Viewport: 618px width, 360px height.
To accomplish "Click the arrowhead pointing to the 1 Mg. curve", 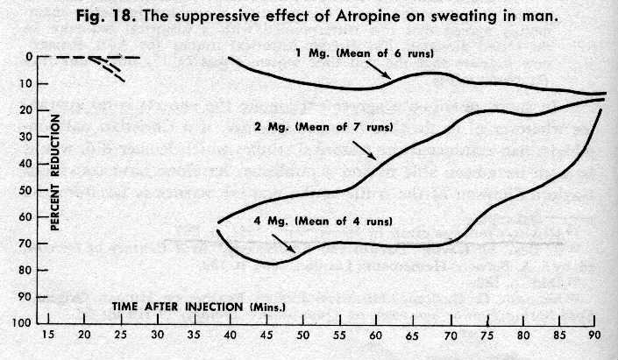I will pos(387,77).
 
